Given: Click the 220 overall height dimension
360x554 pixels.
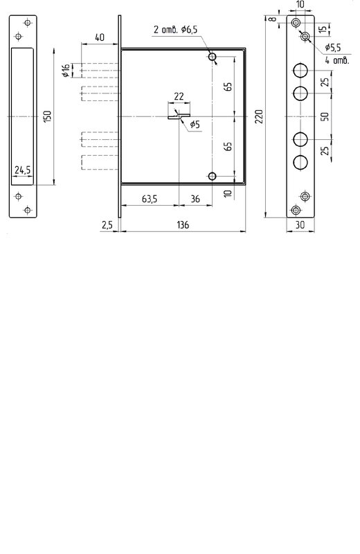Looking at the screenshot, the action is click(259, 116).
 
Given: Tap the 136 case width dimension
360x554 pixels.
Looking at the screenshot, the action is click(183, 224).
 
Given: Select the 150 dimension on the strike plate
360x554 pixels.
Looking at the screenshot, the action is click(48, 116).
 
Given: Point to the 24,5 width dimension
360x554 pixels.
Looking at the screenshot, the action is click(23, 170).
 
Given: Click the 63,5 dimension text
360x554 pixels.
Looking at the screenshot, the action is click(150, 199).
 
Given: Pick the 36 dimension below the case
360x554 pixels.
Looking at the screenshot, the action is click(195, 199).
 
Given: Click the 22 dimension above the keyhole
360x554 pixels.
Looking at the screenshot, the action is click(179, 96).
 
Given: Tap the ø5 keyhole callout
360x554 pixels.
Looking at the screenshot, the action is click(195, 125).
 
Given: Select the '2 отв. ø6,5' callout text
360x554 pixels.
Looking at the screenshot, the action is click(175, 30).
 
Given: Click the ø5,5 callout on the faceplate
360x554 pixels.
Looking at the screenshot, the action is click(333, 47).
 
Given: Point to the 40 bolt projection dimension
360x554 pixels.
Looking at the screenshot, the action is click(100, 37).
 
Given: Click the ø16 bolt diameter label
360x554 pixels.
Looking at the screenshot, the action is click(66, 71).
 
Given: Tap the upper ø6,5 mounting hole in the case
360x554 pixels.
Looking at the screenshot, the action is click(213, 57).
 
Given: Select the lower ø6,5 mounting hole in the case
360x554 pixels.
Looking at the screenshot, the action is click(212, 176).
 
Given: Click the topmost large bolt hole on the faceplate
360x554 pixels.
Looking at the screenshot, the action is click(300, 71).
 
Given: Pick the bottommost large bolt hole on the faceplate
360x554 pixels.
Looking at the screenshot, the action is click(300, 162).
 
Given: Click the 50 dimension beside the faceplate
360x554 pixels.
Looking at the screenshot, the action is click(325, 116).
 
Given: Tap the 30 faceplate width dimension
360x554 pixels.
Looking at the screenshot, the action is click(300, 224).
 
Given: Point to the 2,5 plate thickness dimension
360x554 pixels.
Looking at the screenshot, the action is click(107, 224).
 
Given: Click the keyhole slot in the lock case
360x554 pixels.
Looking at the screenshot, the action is click(179, 116).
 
